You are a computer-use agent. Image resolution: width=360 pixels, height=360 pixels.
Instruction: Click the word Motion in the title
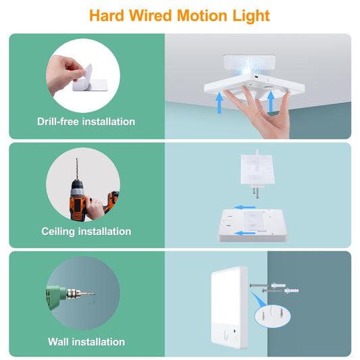click(202, 16)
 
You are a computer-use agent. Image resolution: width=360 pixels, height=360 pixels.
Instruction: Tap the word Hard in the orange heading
click(107, 16)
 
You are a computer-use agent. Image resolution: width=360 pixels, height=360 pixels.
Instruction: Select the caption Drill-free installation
click(86, 122)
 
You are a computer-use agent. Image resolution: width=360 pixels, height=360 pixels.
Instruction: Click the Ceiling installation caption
click(86, 232)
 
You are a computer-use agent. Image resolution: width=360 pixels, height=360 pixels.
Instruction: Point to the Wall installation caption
click(86, 342)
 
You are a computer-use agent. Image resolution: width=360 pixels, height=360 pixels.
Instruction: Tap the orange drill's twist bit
click(77, 169)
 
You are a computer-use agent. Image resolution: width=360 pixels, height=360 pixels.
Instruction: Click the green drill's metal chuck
click(74, 294)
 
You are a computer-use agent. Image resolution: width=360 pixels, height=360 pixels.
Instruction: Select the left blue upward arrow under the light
click(220, 103)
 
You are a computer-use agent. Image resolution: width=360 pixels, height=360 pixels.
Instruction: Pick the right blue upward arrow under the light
click(271, 101)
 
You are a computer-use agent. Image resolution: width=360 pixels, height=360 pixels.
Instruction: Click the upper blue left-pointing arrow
click(245, 207)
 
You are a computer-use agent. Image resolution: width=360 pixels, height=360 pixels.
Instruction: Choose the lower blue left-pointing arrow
click(245, 233)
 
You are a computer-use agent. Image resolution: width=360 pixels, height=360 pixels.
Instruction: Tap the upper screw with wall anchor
click(267, 286)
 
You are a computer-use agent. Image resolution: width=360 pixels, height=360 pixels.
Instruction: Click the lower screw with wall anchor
click(280, 291)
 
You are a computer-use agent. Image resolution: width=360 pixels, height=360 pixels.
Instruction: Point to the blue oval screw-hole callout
click(272, 315)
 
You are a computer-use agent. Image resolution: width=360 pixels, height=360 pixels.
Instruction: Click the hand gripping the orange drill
click(95, 209)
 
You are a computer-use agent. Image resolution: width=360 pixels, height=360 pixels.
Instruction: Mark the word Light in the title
click(251, 16)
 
